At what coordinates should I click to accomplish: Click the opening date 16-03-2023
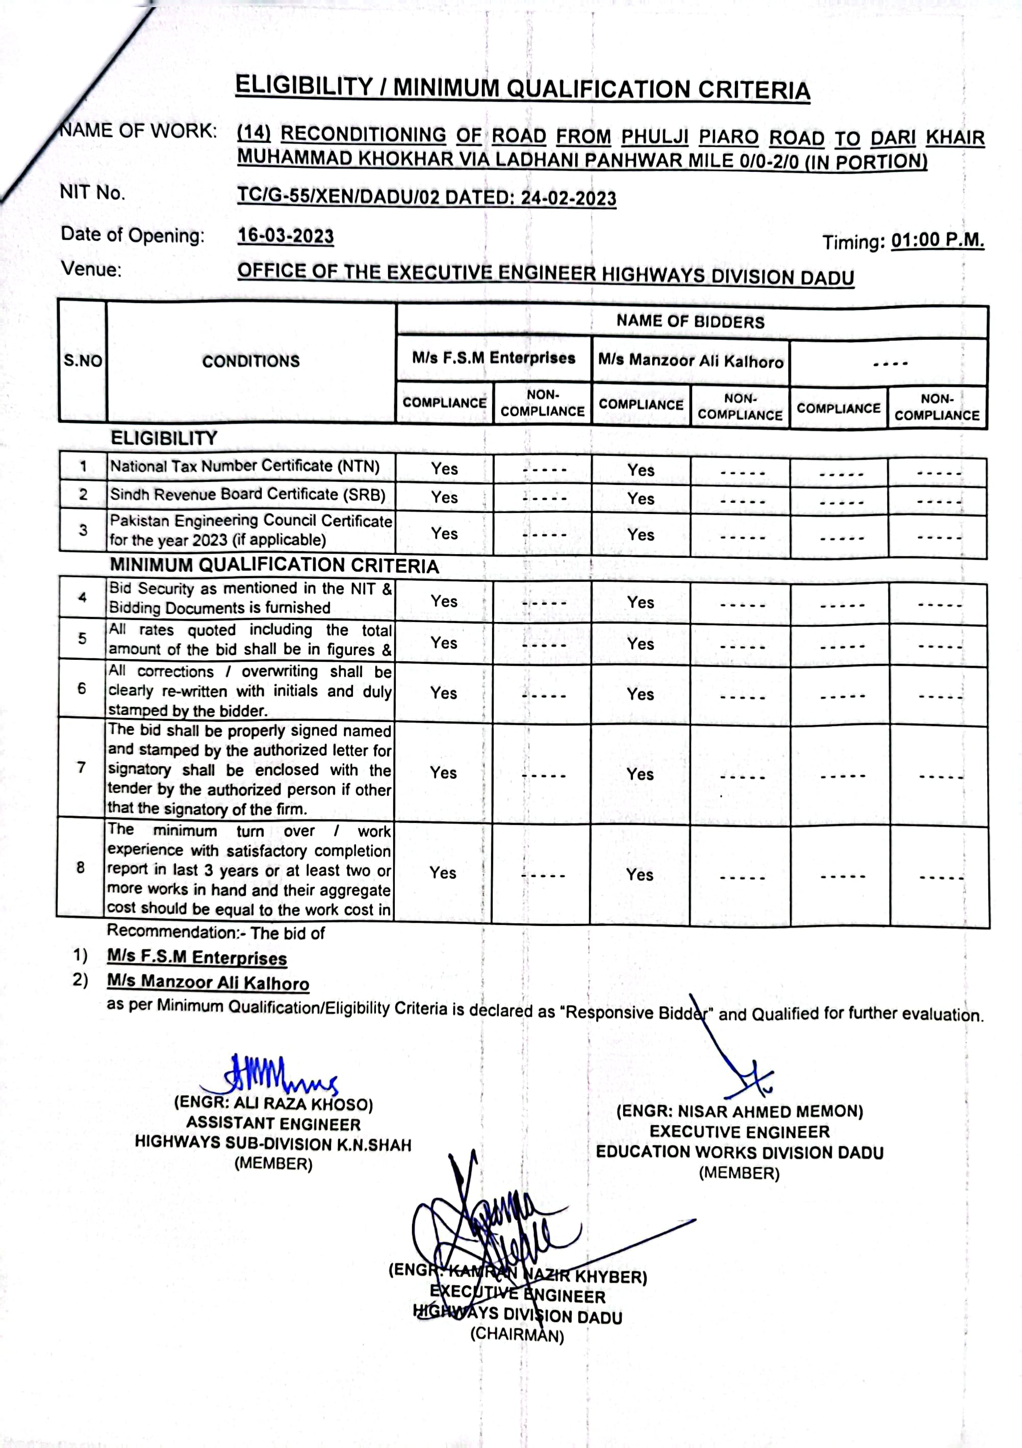(x=285, y=236)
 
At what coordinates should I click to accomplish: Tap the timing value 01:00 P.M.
(x=937, y=240)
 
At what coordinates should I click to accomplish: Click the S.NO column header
(x=83, y=361)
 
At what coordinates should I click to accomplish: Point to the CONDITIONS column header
(x=250, y=361)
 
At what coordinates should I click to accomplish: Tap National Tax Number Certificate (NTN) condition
(x=245, y=466)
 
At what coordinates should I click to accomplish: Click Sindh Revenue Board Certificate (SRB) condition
(x=247, y=495)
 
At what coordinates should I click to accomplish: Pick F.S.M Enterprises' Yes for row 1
(x=444, y=469)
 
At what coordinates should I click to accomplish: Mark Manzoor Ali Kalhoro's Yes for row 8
(x=639, y=875)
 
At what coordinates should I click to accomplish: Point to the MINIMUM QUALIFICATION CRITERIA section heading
(x=274, y=565)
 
